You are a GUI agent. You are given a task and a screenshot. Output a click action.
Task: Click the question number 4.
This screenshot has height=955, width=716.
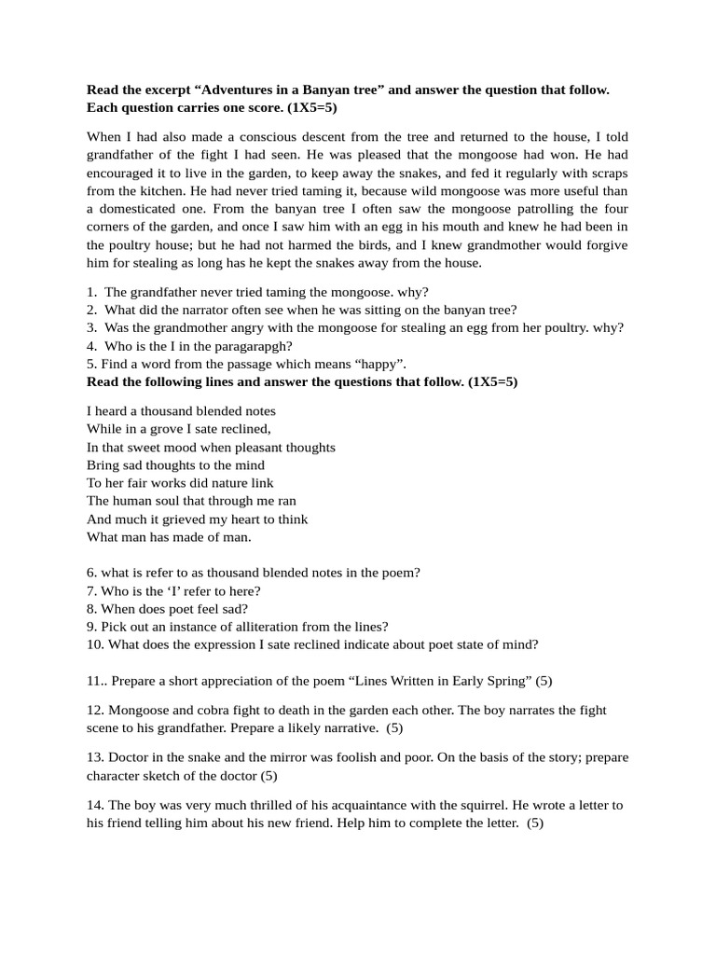(91, 345)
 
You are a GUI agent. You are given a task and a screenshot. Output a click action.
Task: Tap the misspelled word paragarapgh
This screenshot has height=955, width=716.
(234, 345)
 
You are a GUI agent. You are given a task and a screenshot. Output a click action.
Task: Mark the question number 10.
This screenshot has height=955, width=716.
(95, 644)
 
